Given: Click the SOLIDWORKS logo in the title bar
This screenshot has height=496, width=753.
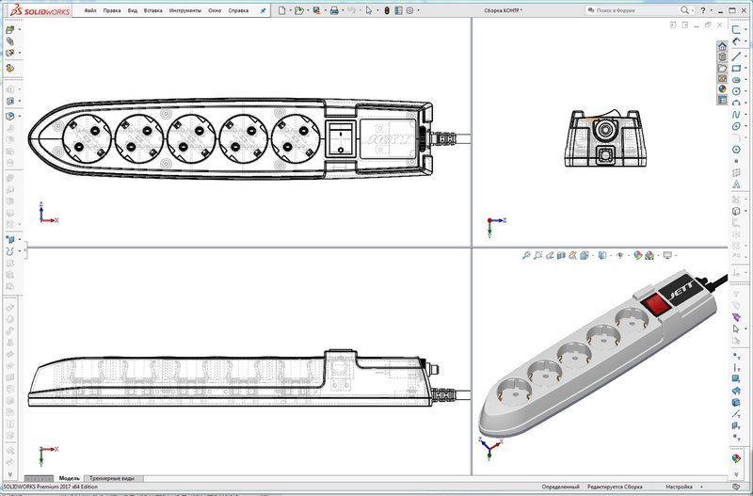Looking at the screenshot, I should click(36, 10).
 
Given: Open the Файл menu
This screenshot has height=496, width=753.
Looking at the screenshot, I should click(89, 10).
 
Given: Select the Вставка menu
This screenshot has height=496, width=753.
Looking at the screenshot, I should click(153, 10).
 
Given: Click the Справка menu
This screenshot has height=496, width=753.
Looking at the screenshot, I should click(239, 10).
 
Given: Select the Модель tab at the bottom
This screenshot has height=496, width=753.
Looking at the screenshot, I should click(69, 479).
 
